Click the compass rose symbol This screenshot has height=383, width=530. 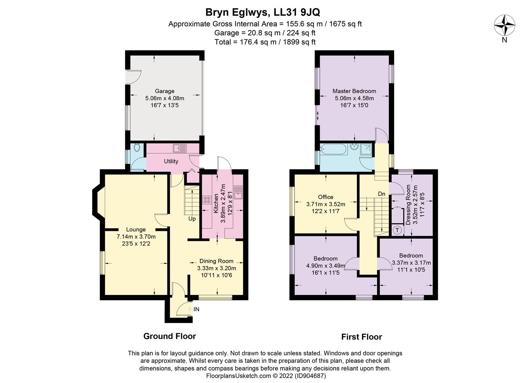504,26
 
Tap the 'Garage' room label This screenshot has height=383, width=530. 164,91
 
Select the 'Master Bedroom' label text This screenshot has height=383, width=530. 354,91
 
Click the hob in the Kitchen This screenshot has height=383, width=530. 206,200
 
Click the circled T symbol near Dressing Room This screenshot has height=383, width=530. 397,230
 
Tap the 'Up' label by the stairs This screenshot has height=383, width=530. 192,219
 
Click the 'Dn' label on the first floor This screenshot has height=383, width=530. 381,194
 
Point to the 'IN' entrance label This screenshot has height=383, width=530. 196,309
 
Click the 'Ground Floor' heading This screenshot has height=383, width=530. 169,336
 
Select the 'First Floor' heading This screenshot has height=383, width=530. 362,337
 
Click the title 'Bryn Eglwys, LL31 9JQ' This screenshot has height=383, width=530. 263,12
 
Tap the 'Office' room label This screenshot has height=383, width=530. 325,197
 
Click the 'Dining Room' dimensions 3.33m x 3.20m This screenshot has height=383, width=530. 216,268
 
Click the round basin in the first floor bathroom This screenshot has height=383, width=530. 353,146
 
